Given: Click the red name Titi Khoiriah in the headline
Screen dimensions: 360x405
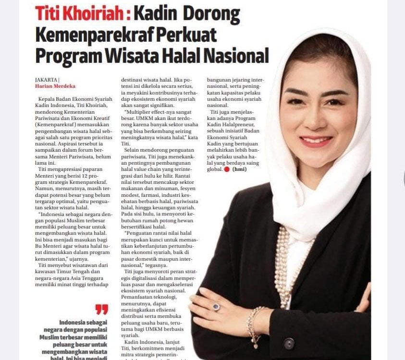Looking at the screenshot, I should point(79,14).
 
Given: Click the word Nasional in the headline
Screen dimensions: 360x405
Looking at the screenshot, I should point(236,55).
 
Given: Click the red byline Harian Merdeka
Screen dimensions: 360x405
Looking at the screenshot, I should point(55,86).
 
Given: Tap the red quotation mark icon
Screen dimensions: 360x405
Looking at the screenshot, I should point(101,309).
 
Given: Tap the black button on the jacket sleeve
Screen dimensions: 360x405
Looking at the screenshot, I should point(289,344).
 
